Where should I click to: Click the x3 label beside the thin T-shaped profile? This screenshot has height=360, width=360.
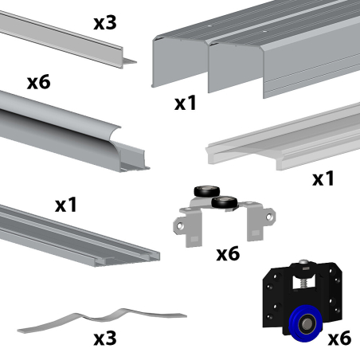(105, 23)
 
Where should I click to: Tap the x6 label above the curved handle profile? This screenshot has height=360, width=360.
(39, 82)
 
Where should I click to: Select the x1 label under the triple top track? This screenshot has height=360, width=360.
(186, 103)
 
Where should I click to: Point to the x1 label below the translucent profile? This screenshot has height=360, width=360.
(323, 178)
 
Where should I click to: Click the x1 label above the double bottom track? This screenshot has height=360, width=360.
(66, 205)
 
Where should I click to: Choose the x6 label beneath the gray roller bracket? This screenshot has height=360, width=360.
(228, 254)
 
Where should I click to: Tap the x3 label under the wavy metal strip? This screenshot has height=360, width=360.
(105, 338)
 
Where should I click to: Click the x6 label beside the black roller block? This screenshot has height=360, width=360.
(339, 338)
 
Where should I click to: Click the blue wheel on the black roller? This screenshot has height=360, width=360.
(305, 324)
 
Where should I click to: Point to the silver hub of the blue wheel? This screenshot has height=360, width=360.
(307, 324)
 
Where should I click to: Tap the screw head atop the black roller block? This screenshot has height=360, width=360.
(304, 263)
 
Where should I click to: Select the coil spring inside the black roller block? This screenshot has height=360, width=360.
(304, 283)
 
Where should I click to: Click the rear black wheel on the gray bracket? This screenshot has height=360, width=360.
(206, 191)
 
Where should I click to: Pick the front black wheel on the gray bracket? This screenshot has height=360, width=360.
(225, 202)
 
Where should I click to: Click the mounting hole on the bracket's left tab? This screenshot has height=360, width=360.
(180, 226)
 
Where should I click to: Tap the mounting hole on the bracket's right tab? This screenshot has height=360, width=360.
(269, 217)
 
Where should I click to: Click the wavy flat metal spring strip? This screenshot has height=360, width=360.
(102, 319)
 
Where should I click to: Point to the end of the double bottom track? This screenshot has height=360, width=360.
(127, 259)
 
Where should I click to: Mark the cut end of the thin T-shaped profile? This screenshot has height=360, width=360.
(128, 59)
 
